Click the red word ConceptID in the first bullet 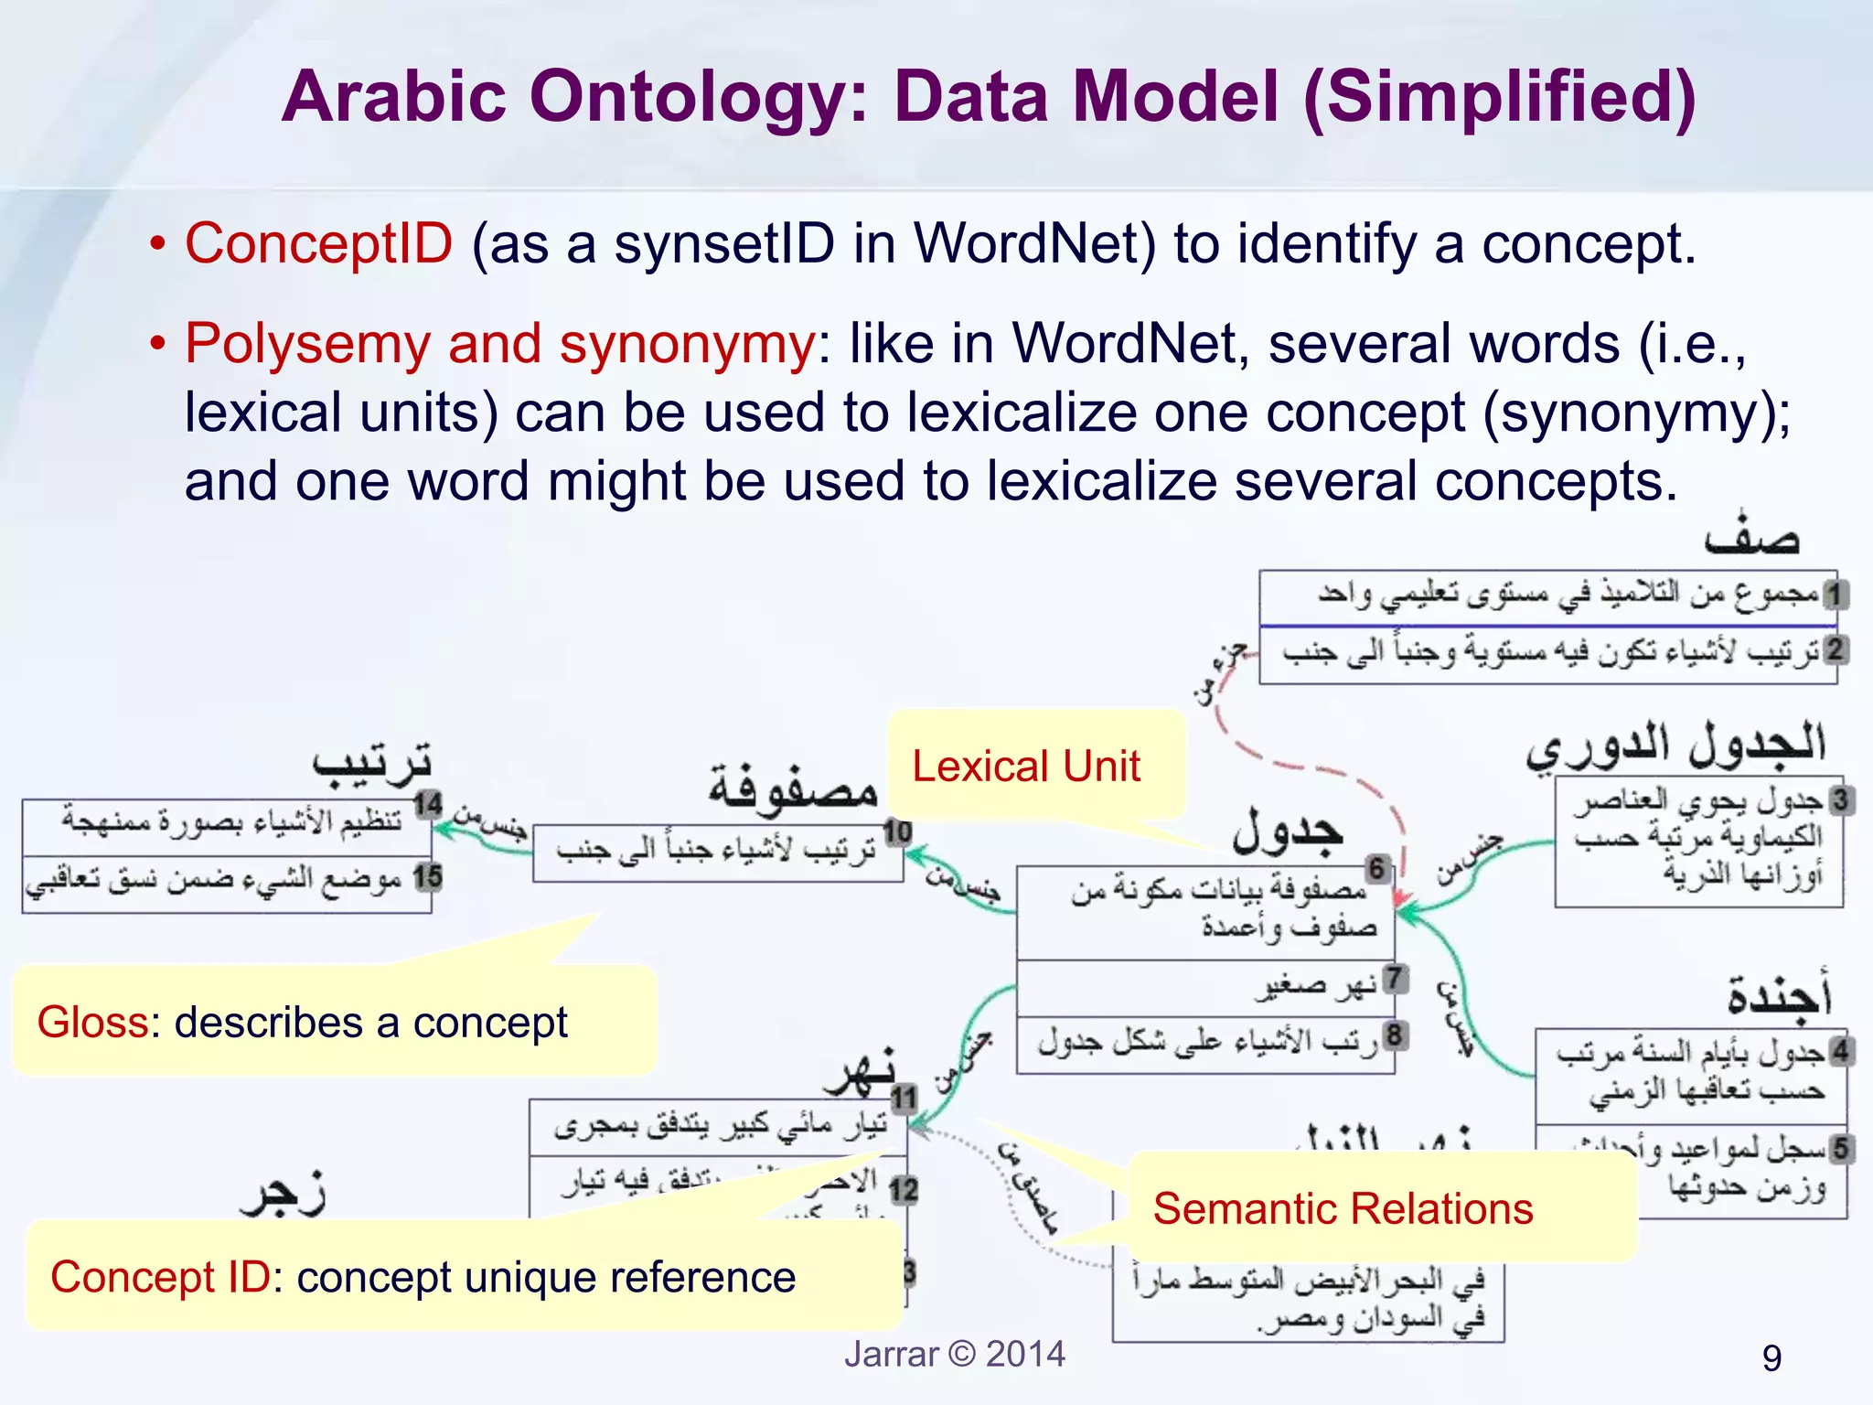318,244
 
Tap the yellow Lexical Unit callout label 1025,767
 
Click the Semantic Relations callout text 1343,1208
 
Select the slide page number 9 1771,1358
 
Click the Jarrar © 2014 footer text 954,1354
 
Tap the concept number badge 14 428,805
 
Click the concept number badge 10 897,831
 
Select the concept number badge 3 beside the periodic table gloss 1840,799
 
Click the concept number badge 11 904,1098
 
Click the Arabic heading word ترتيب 372,764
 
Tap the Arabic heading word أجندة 1779,995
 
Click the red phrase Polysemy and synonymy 499,344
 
